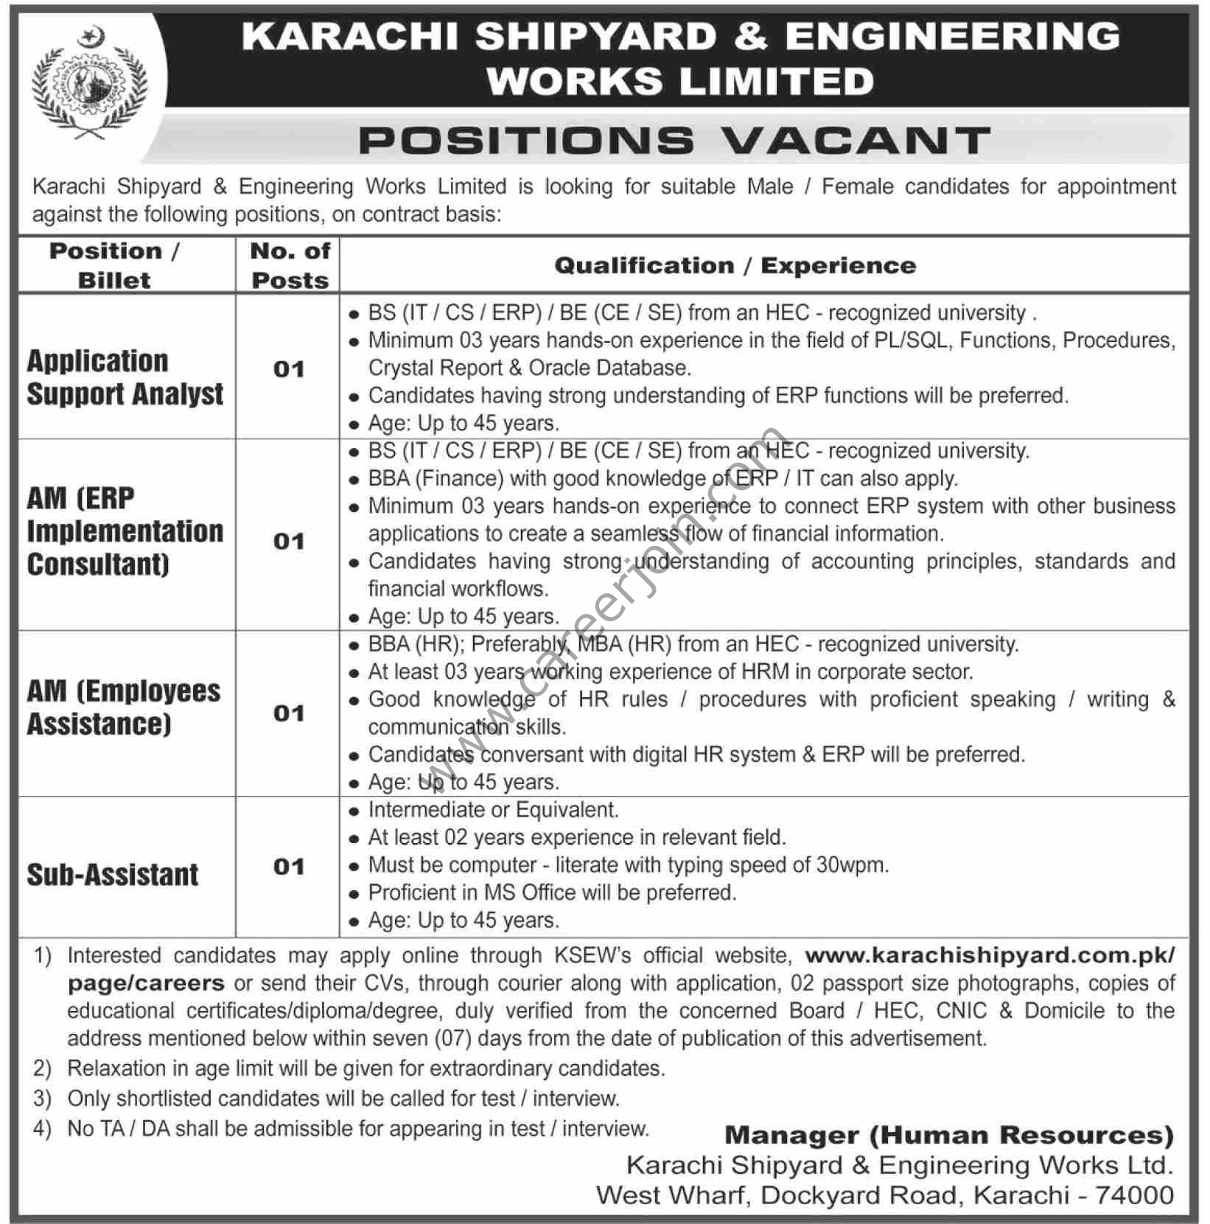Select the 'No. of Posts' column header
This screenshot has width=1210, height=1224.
click(x=290, y=265)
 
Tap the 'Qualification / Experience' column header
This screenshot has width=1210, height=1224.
click(x=735, y=265)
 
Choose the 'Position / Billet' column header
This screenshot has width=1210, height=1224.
click(x=114, y=265)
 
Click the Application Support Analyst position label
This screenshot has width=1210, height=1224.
click(x=125, y=377)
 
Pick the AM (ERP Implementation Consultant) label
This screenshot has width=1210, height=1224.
click(x=125, y=531)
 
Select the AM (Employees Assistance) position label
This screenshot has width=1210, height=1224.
click(x=123, y=707)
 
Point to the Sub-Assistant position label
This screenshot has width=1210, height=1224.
click(x=113, y=875)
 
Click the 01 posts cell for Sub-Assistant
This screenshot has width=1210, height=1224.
click(x=289, y=867)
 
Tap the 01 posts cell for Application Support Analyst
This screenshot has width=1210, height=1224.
click(x=289, y=369)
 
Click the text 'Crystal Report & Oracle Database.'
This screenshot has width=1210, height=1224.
click(x=529, y=368)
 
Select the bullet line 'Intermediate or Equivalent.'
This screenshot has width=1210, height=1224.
click(x=493, y=810)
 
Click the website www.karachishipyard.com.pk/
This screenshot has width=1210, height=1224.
click(x=990, y=955)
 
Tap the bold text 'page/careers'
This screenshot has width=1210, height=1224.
click(x=146, y=983)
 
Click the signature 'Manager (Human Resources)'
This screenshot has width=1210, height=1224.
click(x=949, y=1136)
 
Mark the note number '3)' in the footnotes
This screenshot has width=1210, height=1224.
click(x=42, y=1099)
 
